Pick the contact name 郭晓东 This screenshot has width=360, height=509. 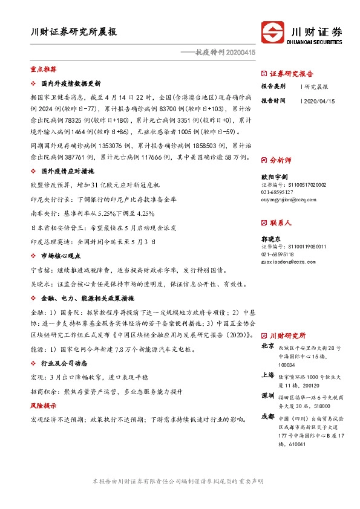(270, 239)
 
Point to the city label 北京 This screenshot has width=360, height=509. (267, 346)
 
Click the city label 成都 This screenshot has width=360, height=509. (267, 417)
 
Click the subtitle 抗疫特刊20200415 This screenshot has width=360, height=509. (225, 53)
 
